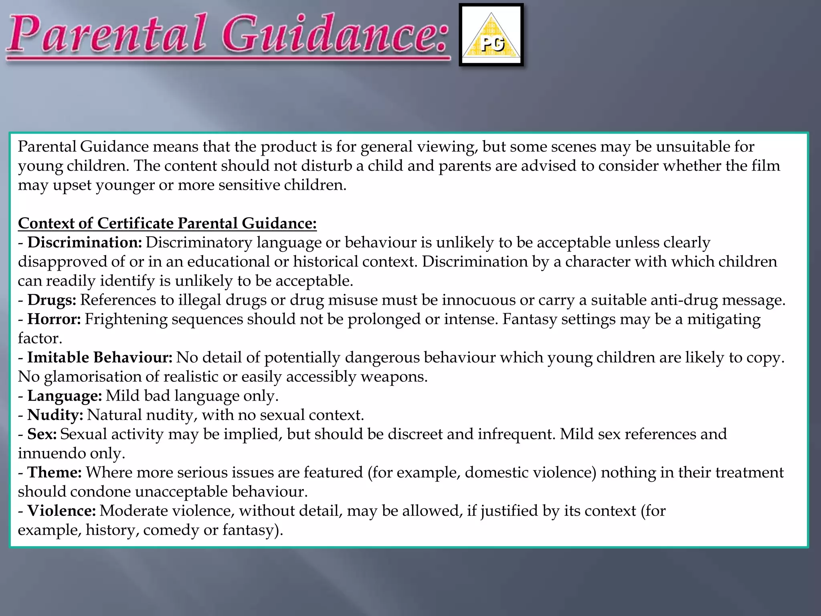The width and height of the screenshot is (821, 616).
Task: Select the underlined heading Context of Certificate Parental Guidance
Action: point(167,223)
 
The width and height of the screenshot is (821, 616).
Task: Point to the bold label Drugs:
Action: point(52,300)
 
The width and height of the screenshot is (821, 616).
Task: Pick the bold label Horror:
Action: point(54,319)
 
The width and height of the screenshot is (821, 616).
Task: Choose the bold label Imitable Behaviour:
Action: point(100,357)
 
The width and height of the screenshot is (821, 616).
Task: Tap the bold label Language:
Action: point(65,396)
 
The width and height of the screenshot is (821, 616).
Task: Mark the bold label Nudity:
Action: point(55,415)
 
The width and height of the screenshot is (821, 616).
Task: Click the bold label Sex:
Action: point(42,434)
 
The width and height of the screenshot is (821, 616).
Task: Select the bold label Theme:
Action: point(55,472)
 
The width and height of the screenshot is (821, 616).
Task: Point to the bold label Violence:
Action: point(62,511)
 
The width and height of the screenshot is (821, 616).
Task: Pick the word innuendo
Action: point(51,453)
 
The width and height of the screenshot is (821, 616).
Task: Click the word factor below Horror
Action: point(40,338)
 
